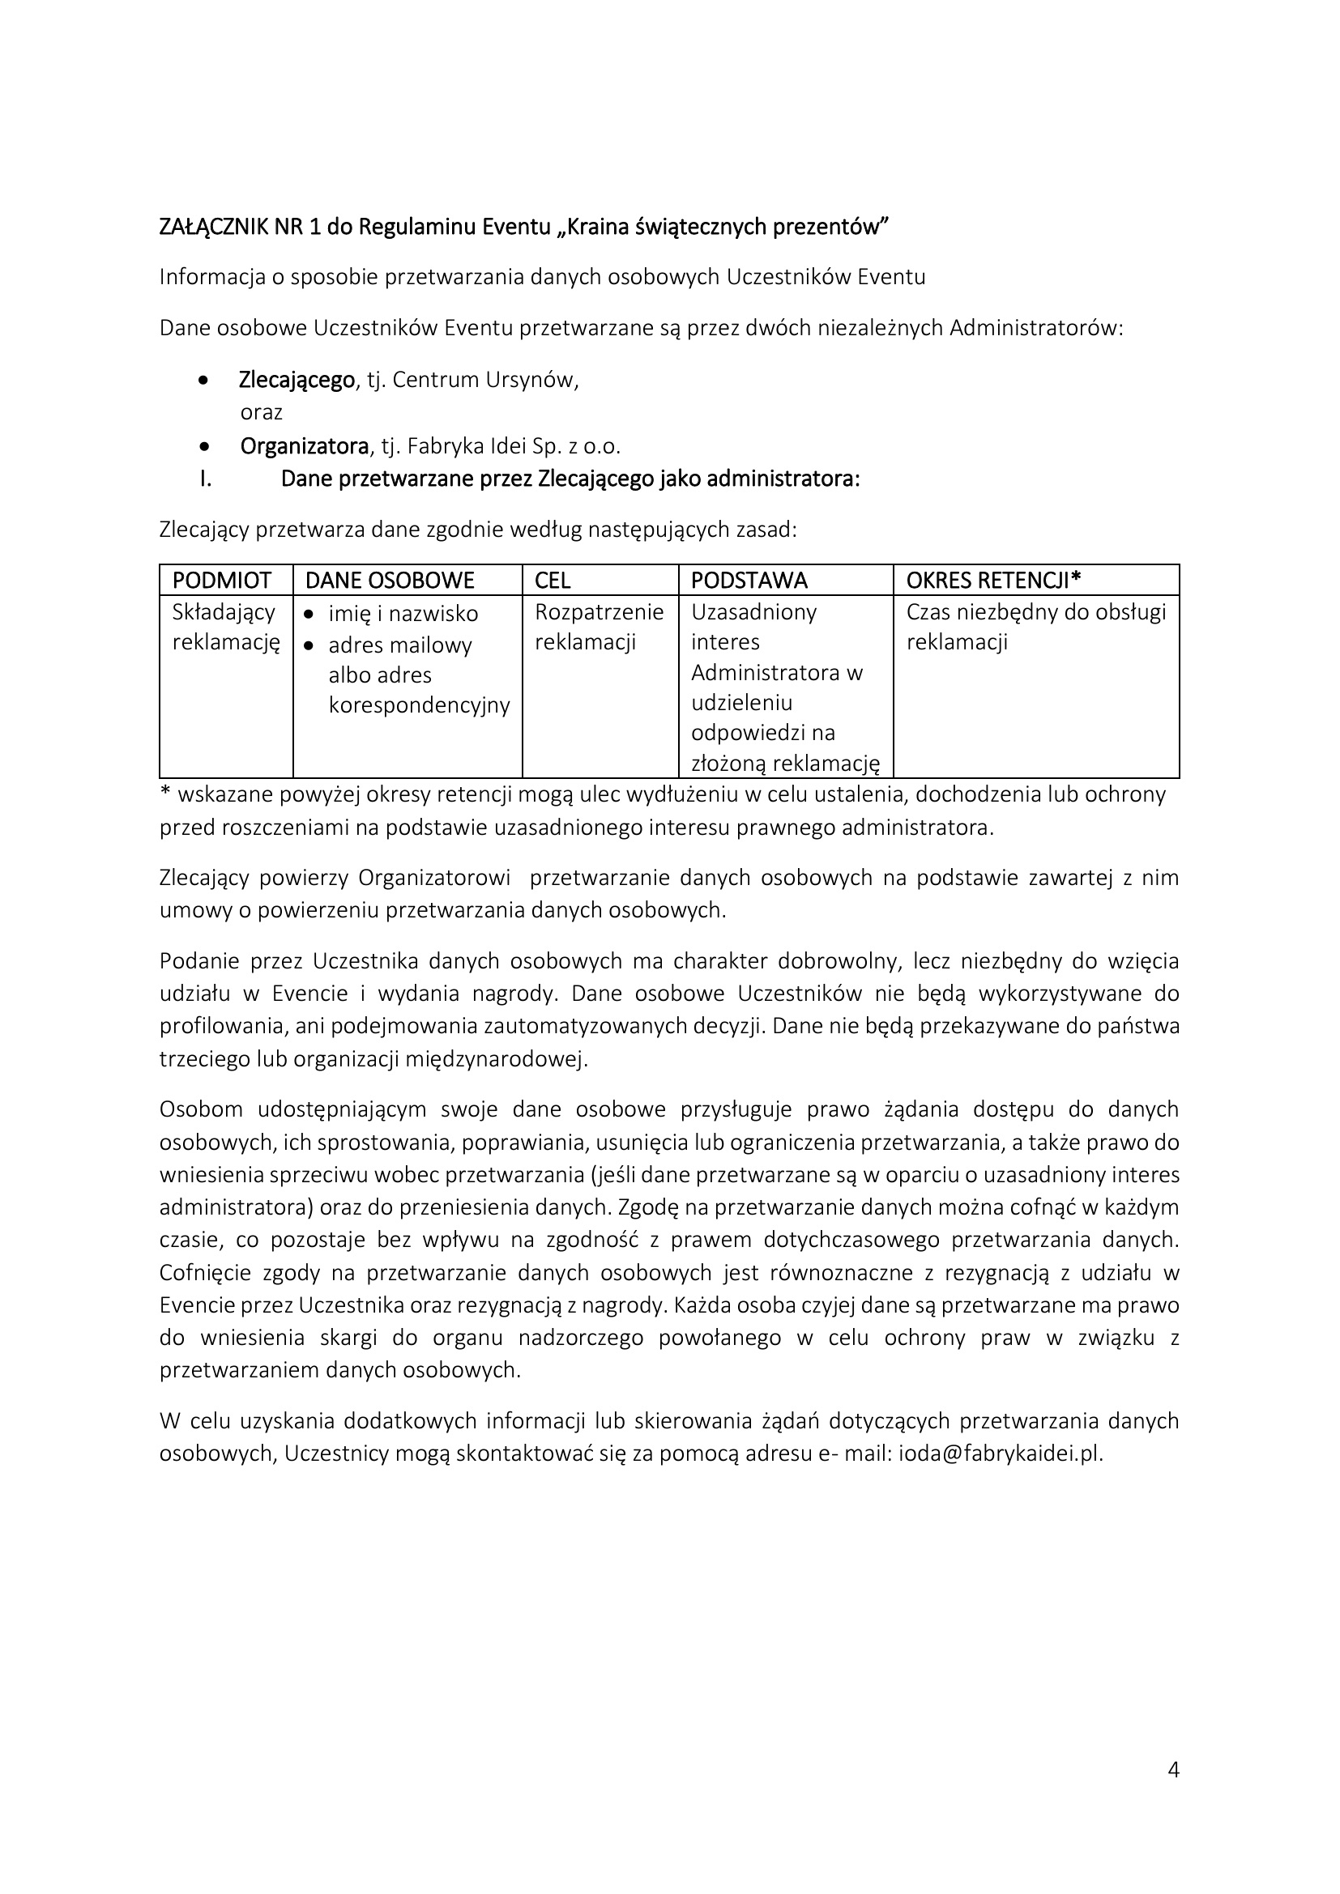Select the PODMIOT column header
(221, 581)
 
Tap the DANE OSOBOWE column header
(390, 581)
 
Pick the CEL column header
(553, 581)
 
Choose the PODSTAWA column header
(749, 581)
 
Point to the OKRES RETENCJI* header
(993, 581)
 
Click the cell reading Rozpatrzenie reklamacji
(599, 627)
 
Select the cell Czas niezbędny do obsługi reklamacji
(1035, 627)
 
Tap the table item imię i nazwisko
(403, 614)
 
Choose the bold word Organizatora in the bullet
(304, 446)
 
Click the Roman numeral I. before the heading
(206, 479)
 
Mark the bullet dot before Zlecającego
(205, 381)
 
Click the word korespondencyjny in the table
(419, 705)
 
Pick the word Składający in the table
(224, 612)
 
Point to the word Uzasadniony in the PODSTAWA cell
(753, 612)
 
